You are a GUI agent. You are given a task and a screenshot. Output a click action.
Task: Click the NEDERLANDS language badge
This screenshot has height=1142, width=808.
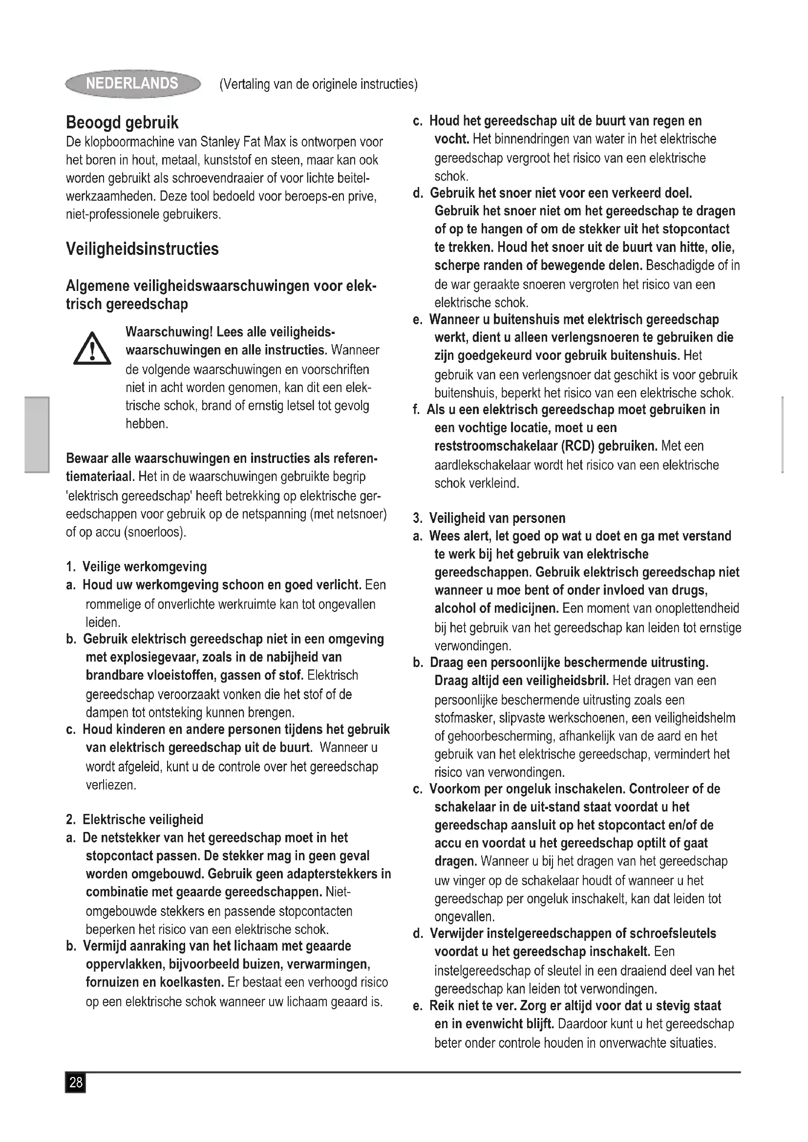pos(132,83)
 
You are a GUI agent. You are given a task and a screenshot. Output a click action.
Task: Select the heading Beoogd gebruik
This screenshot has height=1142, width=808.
pos(122,123)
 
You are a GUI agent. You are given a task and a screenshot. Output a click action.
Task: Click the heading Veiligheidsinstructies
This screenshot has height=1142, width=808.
pos(142,249)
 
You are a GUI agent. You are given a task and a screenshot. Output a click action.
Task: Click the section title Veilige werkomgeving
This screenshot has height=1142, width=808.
pos(144,566)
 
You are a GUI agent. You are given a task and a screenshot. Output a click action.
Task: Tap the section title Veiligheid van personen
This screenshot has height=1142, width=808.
pos(497,519)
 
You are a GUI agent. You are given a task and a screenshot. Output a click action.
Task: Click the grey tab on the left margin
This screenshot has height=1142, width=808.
pos(37,434)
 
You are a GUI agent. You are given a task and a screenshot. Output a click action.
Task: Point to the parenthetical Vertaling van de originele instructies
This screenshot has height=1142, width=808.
pos(319,84)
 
